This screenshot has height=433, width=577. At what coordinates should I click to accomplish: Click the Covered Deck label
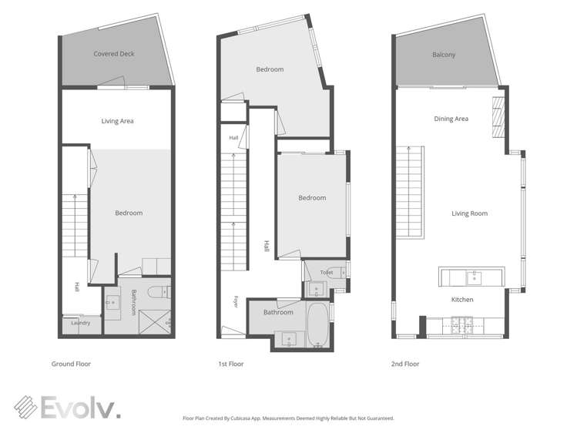click(x=114, y=54)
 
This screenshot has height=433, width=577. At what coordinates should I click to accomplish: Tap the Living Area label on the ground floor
click(x=117, y=121)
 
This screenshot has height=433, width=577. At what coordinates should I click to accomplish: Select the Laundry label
click(x=81, y=323)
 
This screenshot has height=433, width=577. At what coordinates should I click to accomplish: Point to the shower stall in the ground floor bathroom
click(x=155, y=322)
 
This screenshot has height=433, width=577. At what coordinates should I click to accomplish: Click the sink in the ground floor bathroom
click(x=112, y=302)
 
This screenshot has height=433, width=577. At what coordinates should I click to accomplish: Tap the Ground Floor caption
click(x=71, y=364)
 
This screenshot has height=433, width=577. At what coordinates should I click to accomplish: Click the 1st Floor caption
click(x=231, y=364)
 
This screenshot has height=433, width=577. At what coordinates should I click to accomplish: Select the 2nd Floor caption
click(x=405, y=364)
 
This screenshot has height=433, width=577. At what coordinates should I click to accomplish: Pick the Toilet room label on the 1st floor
click(x=327, y=273)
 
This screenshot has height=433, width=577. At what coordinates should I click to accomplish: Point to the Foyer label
click(x=236, y=302)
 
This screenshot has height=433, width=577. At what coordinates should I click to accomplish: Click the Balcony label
click(x=444, y=55)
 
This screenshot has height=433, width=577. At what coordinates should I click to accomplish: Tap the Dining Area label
click(x=451, y=119)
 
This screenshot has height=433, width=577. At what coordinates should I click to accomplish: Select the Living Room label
click(x=470, y=213)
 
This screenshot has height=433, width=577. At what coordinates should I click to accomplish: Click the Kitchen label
click(x=462, y=300)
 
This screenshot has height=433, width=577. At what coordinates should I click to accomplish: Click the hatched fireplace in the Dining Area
click(x=498, y=117)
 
